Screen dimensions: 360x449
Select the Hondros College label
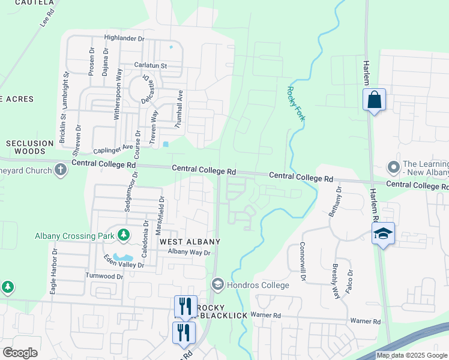pos(258,285)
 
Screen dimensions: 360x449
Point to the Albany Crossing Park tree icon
pos(124,235)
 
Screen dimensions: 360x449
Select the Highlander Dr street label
pos(125,38)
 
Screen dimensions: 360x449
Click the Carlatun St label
pos(150,65)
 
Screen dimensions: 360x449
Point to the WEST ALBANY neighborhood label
pos(190,241)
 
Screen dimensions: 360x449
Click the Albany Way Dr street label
pos(189,253)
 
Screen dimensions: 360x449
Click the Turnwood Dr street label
pos(103,276)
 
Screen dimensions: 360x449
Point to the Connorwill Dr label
pos(304,262)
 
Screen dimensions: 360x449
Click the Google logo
pos(20,352)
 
